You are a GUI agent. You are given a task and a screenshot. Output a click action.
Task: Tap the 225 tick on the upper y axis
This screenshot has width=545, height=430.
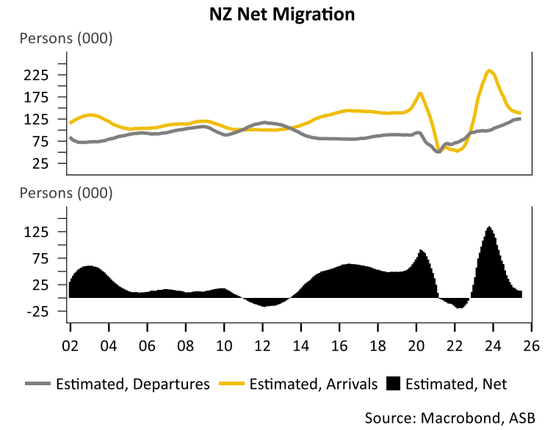click(x=36, y=75)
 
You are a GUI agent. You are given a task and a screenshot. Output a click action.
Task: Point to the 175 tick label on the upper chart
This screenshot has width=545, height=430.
click(x=36, y=97)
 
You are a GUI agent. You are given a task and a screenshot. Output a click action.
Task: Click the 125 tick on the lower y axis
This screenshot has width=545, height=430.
click(x=36, y=232)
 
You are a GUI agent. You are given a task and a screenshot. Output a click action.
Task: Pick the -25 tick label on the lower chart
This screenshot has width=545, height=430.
click(x=37, y=311)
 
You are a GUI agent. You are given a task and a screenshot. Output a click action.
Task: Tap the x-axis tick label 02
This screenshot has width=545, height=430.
click(x=70, y=345)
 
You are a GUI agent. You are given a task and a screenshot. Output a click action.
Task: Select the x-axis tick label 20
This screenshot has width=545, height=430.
click(x=416, y=345)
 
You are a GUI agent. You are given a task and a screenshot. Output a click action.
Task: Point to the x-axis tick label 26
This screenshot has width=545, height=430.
click(x=532, y=345)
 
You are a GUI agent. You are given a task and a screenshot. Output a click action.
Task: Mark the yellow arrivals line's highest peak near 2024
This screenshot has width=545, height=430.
click(x=490, y=70)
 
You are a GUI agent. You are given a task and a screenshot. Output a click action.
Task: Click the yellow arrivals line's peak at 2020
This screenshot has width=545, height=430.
click(x=420, y=93)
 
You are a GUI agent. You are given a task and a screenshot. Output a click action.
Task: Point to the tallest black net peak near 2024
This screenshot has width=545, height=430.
click(x=490, y=227)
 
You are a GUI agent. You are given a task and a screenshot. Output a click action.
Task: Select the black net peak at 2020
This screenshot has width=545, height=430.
click(x=421, y=250)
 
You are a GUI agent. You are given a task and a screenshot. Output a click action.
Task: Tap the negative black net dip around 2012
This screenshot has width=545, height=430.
click(x=265, y=305)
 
